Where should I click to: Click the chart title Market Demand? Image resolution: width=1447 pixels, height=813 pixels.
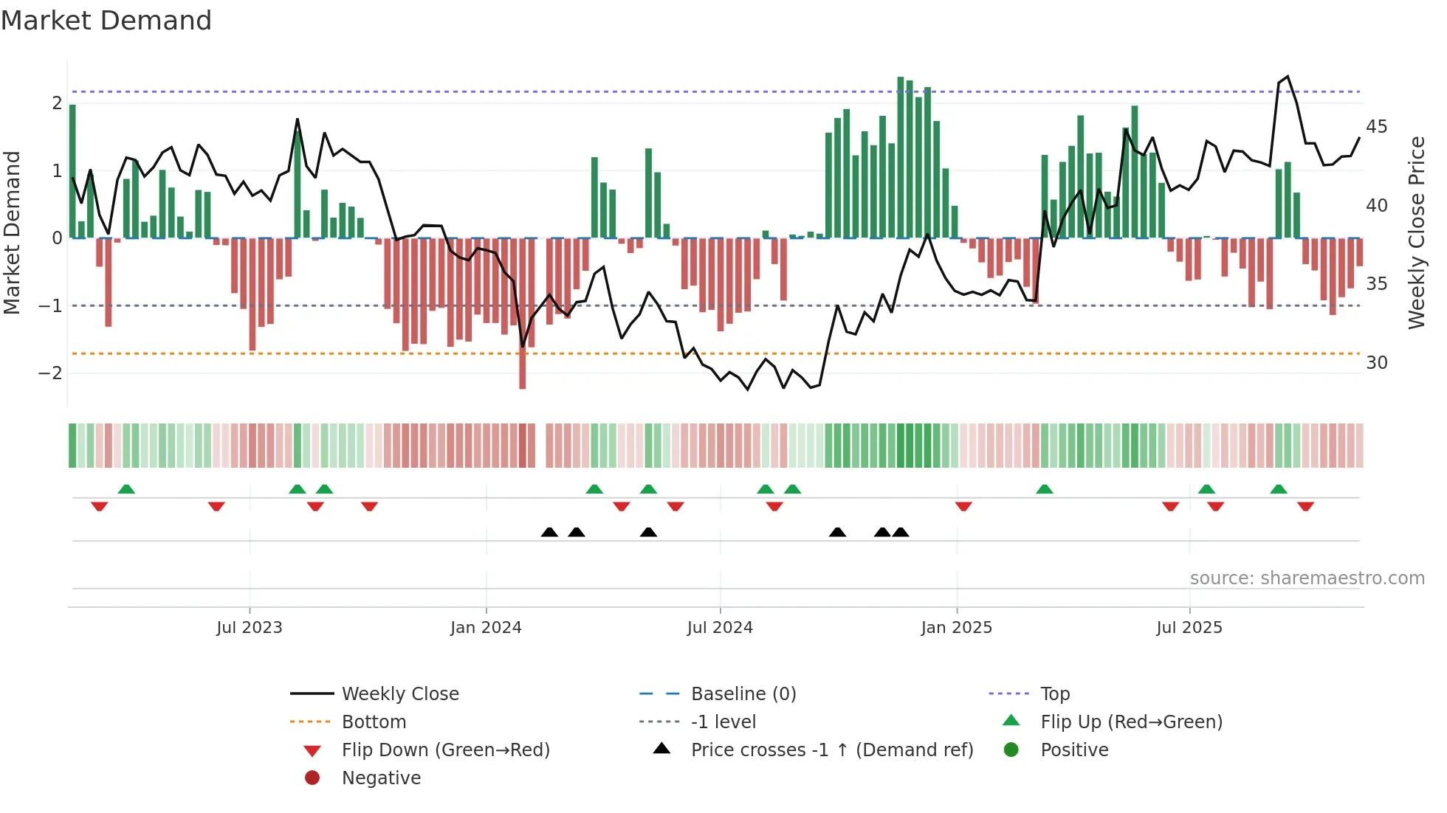106,20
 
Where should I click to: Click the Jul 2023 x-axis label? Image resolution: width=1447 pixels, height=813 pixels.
250,627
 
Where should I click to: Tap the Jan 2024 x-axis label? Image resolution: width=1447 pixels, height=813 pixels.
486,627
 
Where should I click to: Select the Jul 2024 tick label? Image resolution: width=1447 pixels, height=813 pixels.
720,627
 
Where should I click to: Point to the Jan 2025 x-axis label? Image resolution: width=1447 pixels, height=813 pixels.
957,627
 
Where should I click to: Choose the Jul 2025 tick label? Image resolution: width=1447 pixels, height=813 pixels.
1189,627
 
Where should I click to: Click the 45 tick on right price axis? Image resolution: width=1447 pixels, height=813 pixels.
1376,127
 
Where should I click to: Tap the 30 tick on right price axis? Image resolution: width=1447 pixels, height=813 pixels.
1376,362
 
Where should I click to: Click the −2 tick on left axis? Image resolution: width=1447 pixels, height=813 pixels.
50,373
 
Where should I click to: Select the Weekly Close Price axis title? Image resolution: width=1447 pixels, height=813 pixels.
1416,232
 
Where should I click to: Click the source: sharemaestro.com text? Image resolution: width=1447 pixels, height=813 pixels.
1307,578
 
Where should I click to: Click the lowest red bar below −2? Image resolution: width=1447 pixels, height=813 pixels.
523,369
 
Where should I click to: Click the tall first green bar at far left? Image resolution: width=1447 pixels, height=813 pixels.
72,171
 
